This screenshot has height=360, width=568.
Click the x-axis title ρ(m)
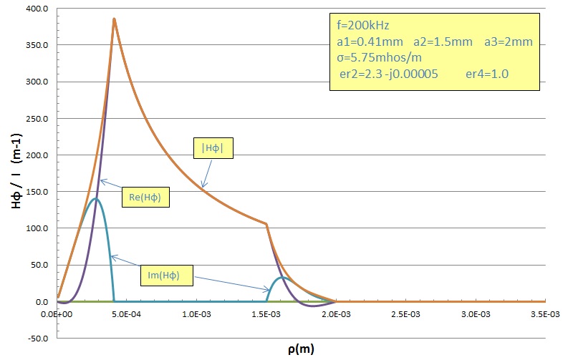[299, 349]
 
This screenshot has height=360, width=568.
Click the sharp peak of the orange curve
[114, 19]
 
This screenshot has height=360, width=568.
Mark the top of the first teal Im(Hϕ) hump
[95, 199]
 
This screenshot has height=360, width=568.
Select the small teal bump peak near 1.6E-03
[282, 277]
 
